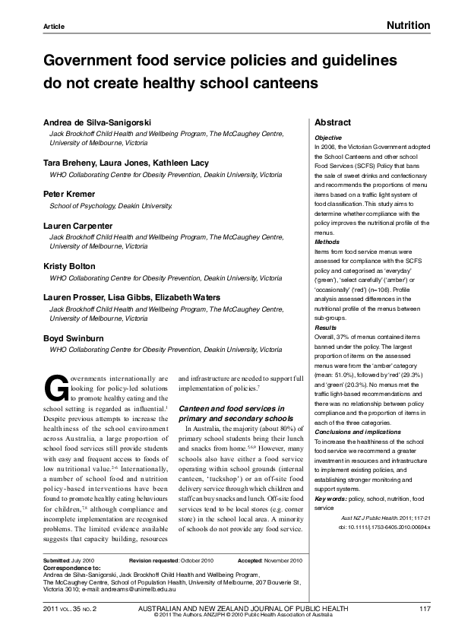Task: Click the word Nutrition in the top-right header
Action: (408, 26)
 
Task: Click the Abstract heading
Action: (333, 122)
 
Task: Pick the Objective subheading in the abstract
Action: (327, 138)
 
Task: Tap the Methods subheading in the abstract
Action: (327, 242)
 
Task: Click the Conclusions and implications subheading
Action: (353, 432)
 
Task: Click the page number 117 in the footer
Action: (425, 609)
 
